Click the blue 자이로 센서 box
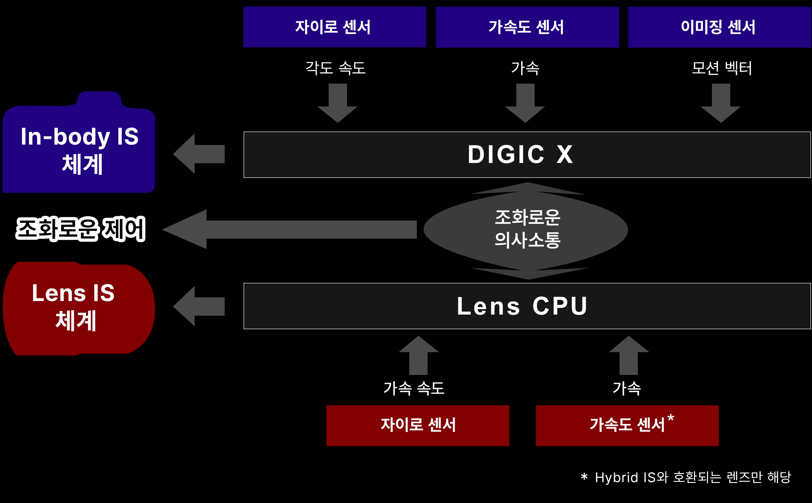[x=335, y=27]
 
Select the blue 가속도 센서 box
[x=527, y=27]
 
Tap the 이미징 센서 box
[x=719, y=27]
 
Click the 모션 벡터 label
[x=722, y=68]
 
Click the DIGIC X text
[x=520, y=155]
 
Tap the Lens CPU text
[x=522, y=306]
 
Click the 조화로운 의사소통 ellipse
[x=527, y=230]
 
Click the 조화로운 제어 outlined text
[x=80, y=229]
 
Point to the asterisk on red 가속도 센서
[x=670, y=418]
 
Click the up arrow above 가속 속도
[x=419, y=355]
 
